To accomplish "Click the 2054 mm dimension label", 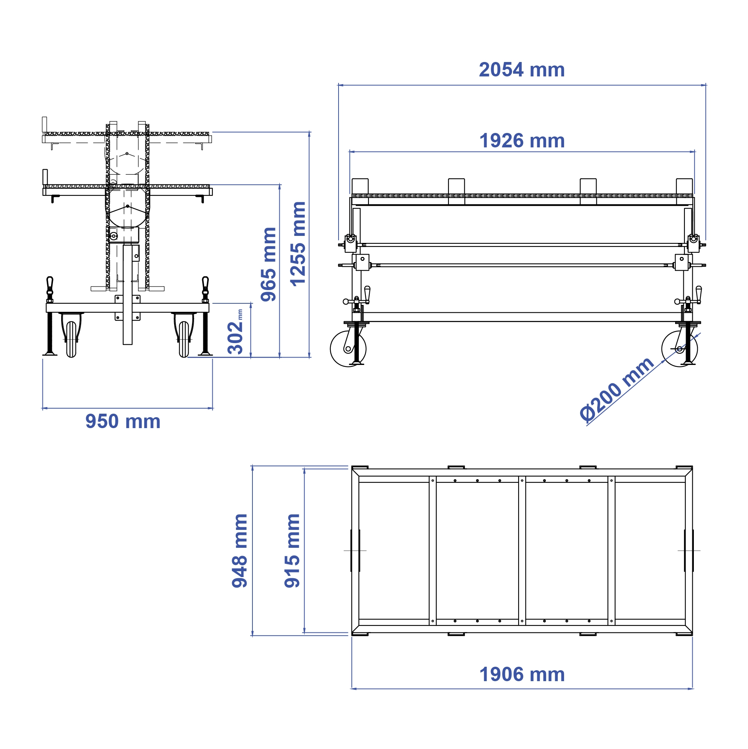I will point(522,70).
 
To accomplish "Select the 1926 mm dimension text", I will point(522,141).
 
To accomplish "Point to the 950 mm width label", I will point(123,421).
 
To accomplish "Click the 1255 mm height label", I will point(298,244).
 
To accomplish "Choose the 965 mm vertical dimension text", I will point(268,264).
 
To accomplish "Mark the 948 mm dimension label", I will point(240,551).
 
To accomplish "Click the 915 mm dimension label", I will point(292,551).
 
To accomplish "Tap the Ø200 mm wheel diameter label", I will point(616,390).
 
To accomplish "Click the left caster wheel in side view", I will point(348,349).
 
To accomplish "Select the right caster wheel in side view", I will point(679,349).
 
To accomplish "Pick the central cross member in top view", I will point(522,551).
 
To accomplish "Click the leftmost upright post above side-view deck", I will point(360,186).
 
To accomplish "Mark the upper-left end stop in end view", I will point(44,125).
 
